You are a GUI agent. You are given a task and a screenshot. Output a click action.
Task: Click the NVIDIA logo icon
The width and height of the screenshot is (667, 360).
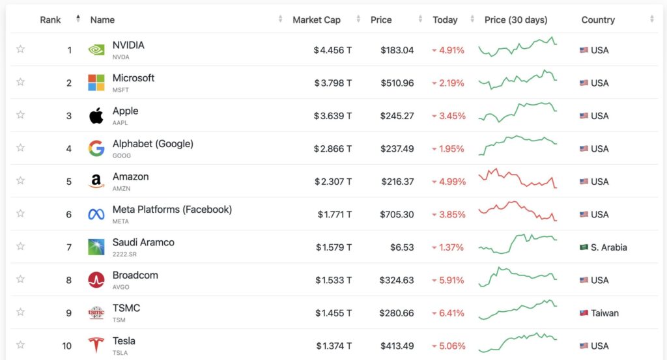[x=96, y=50]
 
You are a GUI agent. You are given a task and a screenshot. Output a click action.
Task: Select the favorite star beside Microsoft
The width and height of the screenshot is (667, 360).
[x=20, y=82]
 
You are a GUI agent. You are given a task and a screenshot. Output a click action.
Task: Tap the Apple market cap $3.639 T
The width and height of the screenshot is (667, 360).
[x=332, y=116]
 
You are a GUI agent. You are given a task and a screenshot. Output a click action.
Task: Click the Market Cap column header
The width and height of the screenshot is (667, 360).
[x=317, y=20]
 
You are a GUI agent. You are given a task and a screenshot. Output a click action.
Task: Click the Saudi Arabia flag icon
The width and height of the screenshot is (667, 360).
[x=584, y=247]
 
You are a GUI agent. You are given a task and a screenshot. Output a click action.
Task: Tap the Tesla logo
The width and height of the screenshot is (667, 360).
[x=96, y=346]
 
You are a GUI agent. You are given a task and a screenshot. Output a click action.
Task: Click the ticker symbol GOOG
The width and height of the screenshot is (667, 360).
[x=121, y=156]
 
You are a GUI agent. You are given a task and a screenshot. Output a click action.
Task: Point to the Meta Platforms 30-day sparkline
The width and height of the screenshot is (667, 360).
[x=517, y=212]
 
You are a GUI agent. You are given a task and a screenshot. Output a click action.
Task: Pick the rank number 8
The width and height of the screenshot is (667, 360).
[x=68, y=280]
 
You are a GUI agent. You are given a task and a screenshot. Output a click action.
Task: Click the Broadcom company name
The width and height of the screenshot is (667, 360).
[x=135, y=275]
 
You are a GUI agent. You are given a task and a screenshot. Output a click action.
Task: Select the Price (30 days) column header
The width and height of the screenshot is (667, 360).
[x=516, y=20]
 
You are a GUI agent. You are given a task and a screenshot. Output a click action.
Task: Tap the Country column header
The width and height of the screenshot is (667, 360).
[x=598, y=20]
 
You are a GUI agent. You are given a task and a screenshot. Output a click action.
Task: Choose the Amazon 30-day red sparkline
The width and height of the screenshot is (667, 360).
[x=517, y=178]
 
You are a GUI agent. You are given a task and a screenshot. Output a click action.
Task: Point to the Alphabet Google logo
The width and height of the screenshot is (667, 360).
[x=96, y=148]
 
